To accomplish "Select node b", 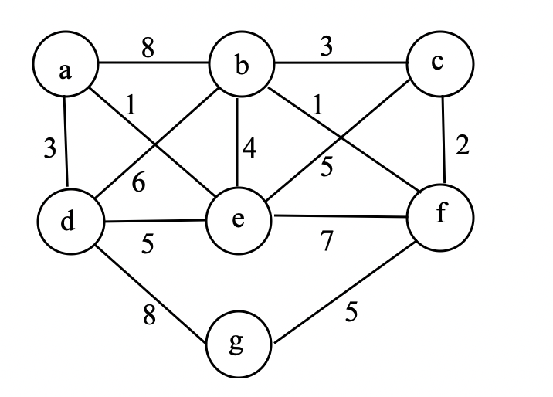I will pyautogui.click(x=242, y=68).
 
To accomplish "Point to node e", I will pyautogui.click(x=239, y=220).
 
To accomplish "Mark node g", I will pyautogui.click(x=238, y=344).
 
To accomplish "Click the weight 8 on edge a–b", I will pyautogui.click(x=148, y=48).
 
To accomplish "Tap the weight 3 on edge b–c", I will pyautogui.click(x=327, y=47).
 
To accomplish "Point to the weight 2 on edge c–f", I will pyautogui.click(x=463, y=147).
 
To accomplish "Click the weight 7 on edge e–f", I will pyautogui.click(x=327, y=242).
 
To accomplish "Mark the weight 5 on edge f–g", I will pyautogui.click(x=350, y=314).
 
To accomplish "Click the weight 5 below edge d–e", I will pyautogui.click(x=147, y=245).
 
